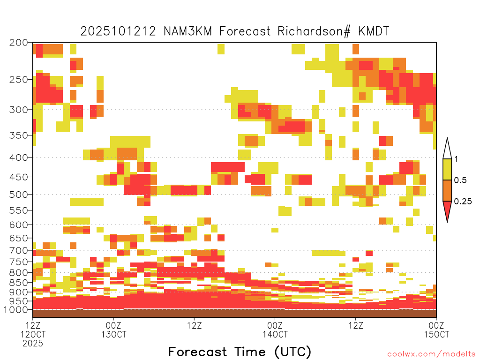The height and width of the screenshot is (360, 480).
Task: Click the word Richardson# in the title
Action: [x=314, y=31]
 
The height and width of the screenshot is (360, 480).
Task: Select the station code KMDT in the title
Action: [x=374, y=31]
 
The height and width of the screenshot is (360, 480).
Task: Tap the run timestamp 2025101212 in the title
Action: [x=118, y=31]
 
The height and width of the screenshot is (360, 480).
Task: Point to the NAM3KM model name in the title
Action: [x=187, y=31]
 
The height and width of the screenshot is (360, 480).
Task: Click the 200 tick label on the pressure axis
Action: [x=19, y=43]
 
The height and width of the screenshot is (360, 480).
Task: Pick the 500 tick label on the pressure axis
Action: [x=19, y=195]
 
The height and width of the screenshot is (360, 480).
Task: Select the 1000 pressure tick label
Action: [x=16, y=310]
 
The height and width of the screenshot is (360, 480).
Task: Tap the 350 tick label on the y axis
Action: [x=19, y=135]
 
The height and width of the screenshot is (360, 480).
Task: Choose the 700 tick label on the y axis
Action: [x=19, y=250]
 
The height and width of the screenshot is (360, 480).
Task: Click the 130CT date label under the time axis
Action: [x=113, y=334]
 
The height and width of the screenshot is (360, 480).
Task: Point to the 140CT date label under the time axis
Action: [x=275, y=334]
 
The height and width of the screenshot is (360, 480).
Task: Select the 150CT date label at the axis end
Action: [x=436, y=334]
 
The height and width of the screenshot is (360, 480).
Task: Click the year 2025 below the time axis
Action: [x=33, y=343]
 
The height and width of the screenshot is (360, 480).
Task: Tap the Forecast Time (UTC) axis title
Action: [x=240, y=352]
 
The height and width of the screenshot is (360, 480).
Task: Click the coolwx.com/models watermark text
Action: [x=432, y=354]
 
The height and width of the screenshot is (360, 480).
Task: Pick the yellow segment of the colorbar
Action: [x=447, y=169]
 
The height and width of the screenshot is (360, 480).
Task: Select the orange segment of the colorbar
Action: [x=447, y=190]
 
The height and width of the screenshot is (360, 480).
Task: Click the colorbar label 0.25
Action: [x=463, y=202]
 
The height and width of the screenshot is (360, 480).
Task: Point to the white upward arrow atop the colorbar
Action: [x=447, y=149]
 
